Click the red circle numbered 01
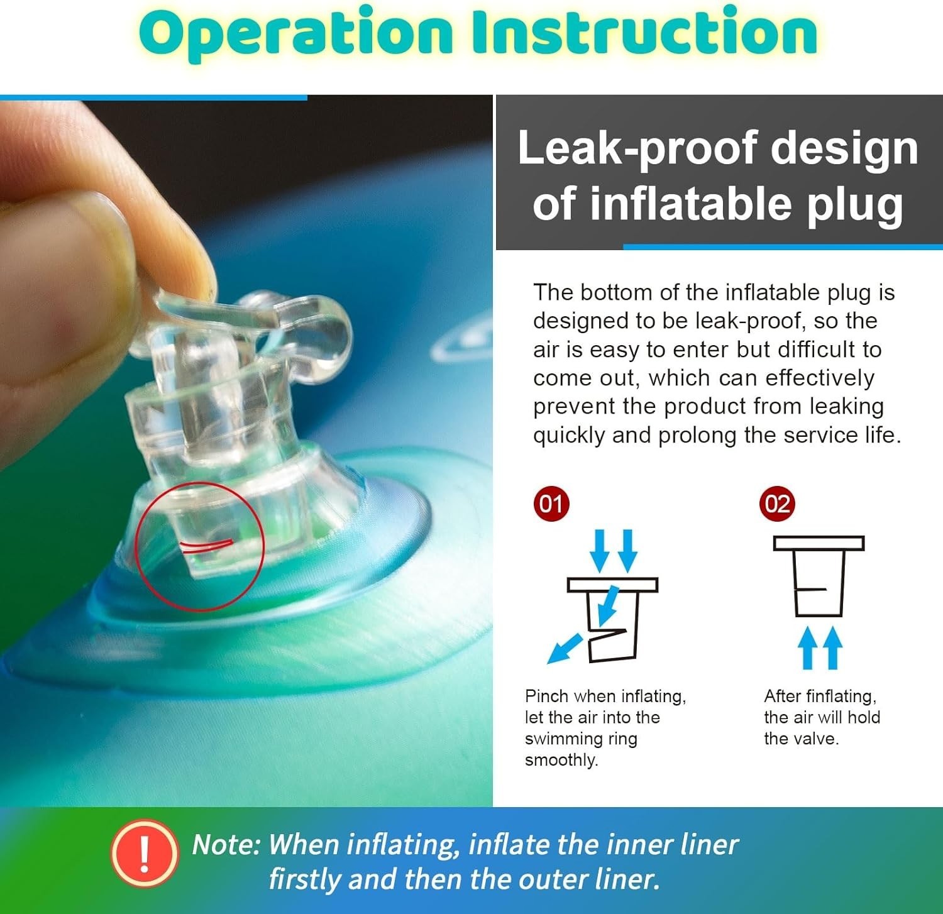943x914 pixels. point(551,504)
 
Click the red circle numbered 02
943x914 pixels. point(777,504)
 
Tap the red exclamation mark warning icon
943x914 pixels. point(144,853)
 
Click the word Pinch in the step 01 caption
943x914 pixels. point(547,696)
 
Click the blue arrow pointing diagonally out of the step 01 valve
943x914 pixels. point(565,649)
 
